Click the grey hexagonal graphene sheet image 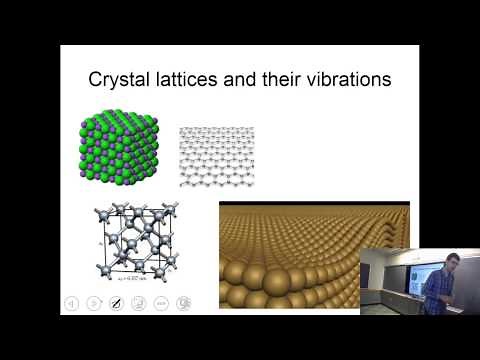[x=217, y=156]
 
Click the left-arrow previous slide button [x=71, y=303]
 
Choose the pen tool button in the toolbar [x=115, y=303]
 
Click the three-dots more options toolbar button [x=161, y=303]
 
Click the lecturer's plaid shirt [x=437, y=290]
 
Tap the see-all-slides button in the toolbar [x=138, y=303]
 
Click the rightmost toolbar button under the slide [x=184, y=303]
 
